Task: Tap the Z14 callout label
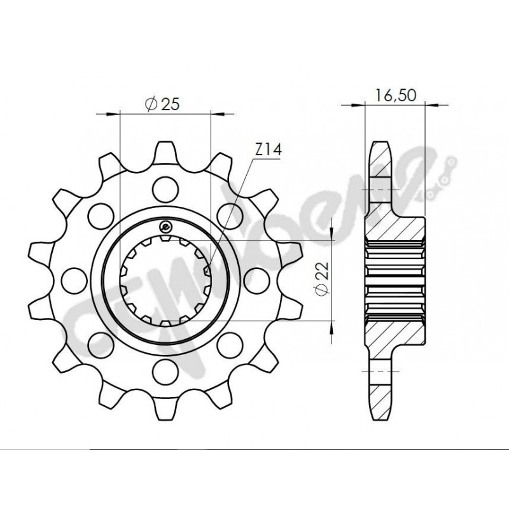pos(268,150)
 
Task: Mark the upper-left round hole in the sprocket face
pos(100,210)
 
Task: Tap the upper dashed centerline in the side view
pos(380,190)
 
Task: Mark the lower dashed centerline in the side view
pos(380,370)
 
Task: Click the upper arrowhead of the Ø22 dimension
pos(331,238)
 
